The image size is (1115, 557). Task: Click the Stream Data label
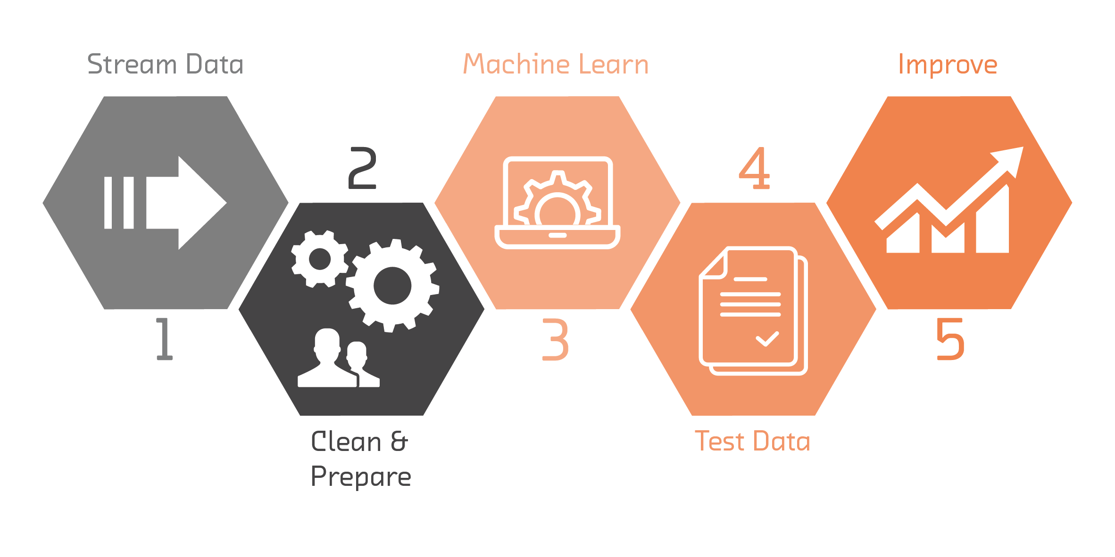165,65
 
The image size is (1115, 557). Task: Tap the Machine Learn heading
556,64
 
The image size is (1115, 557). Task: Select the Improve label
948,65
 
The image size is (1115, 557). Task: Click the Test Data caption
752,442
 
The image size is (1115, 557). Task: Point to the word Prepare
361,477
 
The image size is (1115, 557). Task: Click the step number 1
164,339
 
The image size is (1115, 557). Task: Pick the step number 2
362,168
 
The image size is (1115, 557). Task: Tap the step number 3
556,339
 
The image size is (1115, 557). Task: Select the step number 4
754,168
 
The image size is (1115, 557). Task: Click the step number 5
950,339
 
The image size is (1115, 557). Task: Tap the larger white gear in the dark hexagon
392,286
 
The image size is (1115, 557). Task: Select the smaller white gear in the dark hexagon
320,259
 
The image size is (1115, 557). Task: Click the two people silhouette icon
339,358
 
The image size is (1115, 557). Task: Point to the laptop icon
557,203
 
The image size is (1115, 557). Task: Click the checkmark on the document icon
767,339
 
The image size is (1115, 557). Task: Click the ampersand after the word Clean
399,442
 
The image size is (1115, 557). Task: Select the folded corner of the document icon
714,264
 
